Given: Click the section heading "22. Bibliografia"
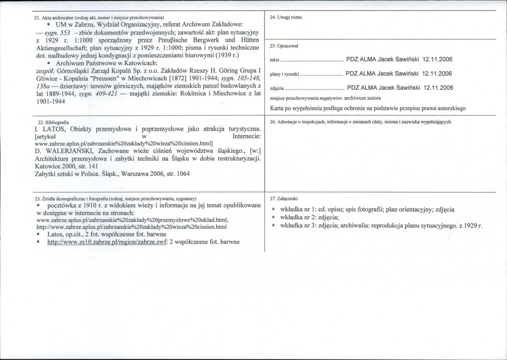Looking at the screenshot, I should (x=51, y=122).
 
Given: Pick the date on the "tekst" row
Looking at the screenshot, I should (x=437, y=60).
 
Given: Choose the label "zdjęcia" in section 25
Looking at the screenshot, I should (x=277, y=89).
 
